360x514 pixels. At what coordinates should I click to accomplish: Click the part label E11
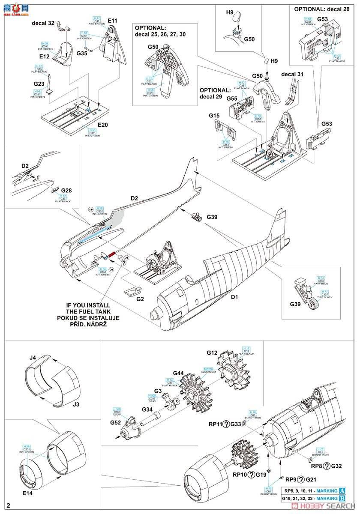[113, 20]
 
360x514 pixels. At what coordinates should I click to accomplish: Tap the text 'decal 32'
[43, 24]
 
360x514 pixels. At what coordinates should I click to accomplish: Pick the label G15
[214, 116]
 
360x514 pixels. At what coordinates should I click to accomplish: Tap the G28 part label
[66, 190]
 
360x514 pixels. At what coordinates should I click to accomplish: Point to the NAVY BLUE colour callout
[321, 281]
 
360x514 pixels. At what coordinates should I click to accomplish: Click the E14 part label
[27, 493]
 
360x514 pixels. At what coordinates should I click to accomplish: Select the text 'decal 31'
[292, 74]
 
